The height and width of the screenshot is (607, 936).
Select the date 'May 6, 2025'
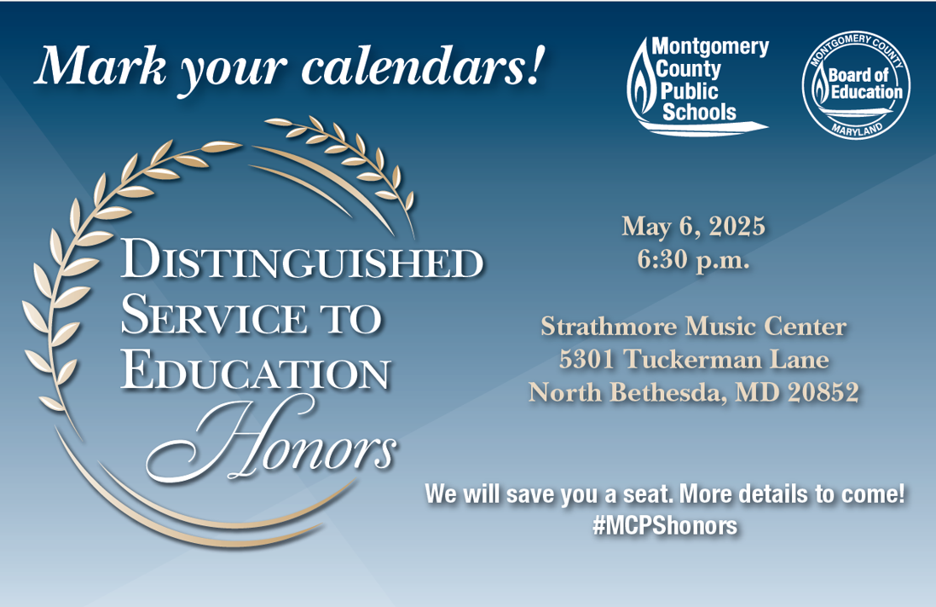(693, 228)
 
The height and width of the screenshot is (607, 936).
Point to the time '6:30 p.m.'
(693, 261)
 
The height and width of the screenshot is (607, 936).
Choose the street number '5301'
(586, 359)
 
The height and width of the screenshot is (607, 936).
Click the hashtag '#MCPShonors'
(665, 525)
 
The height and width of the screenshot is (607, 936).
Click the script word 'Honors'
(272, 442)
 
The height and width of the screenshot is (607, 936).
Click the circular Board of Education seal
(855, 84)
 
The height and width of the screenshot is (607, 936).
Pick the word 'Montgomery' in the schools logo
(710, 47)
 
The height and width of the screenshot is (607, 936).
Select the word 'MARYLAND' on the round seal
(857, 129)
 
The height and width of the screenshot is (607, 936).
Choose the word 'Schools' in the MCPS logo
(699, 113)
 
